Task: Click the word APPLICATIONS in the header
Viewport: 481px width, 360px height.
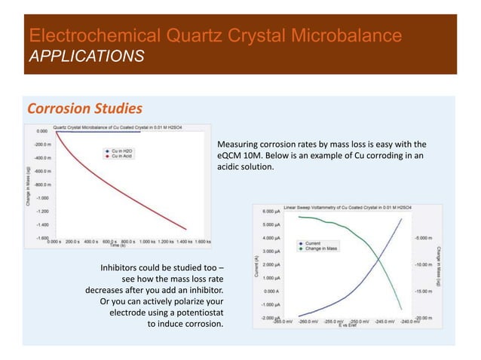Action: click(86, 56)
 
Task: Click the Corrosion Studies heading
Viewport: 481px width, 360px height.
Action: click(84, 108)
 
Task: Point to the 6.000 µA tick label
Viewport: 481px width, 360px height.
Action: click(273, 212)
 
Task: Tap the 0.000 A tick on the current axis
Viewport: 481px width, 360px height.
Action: click(274, 291)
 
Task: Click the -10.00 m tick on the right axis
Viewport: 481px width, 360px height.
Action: click(423, 264)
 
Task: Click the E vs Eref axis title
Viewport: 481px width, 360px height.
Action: click(348, 326)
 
